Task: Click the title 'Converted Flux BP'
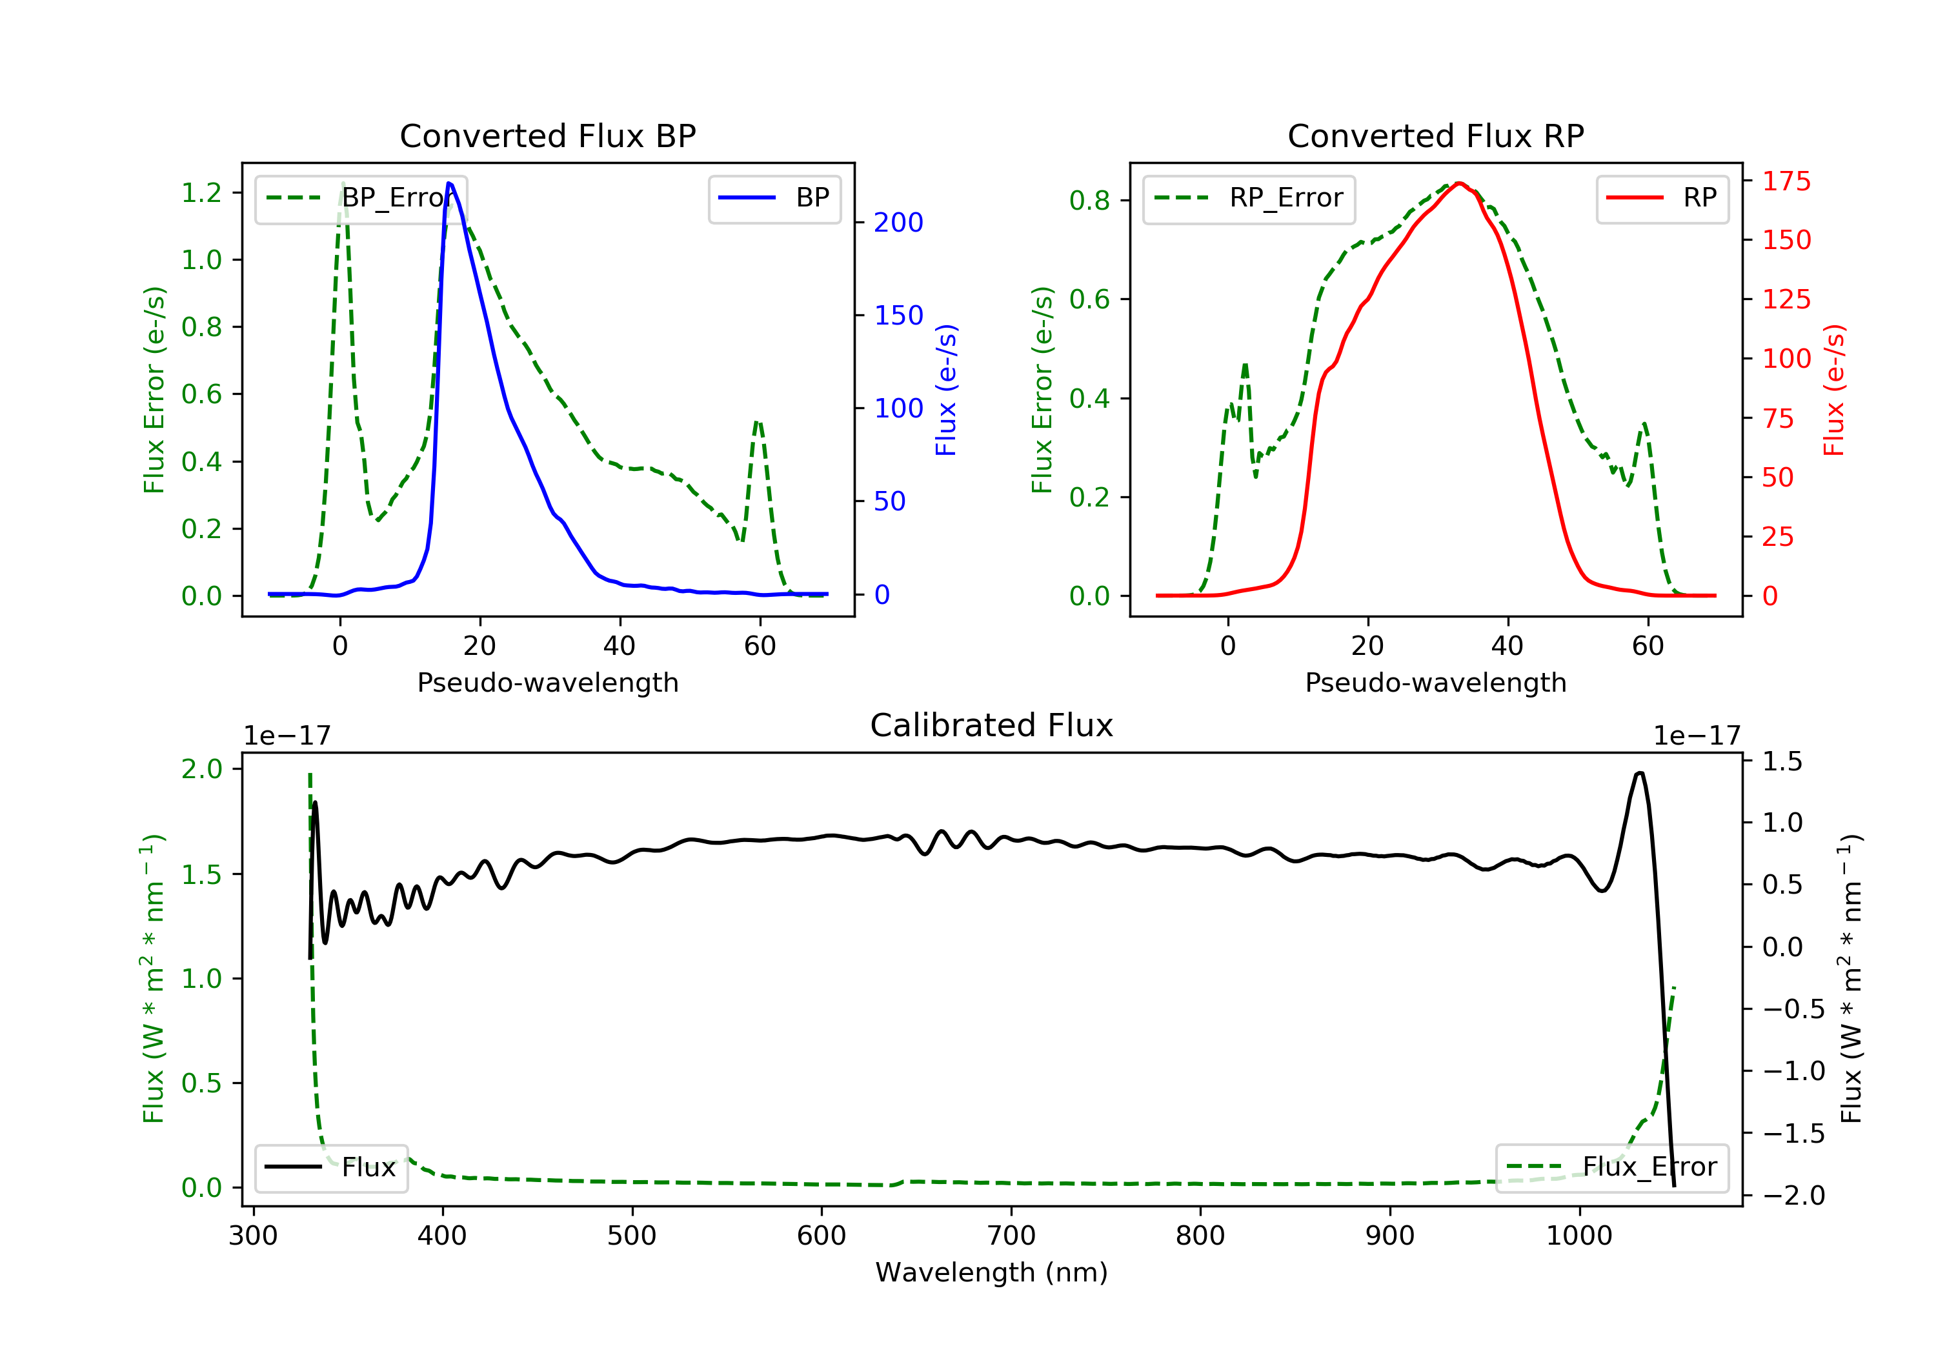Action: (x=547, y=135)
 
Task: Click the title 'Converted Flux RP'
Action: (x=1435, y=135)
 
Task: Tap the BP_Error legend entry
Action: (x=360, y=198)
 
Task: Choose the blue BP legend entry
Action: (x=774, y=198)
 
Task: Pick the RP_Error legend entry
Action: (x=1248, y=198)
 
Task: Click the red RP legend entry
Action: (x=1662, y=198)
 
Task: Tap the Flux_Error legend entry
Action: (x=1611, y=1167)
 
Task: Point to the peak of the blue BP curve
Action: (x=449, y=183)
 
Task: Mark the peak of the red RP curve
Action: (x=1460, y=183)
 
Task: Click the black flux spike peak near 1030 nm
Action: (x=1639, y=772)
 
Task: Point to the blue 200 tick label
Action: (x=898, y=223)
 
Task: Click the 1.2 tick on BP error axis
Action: (x=201, y=192)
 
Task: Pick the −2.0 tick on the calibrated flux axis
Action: (x=1793, y=1196)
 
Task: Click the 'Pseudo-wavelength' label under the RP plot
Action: (x=1435, y=682)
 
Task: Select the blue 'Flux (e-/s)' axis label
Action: (x=946, y=390)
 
